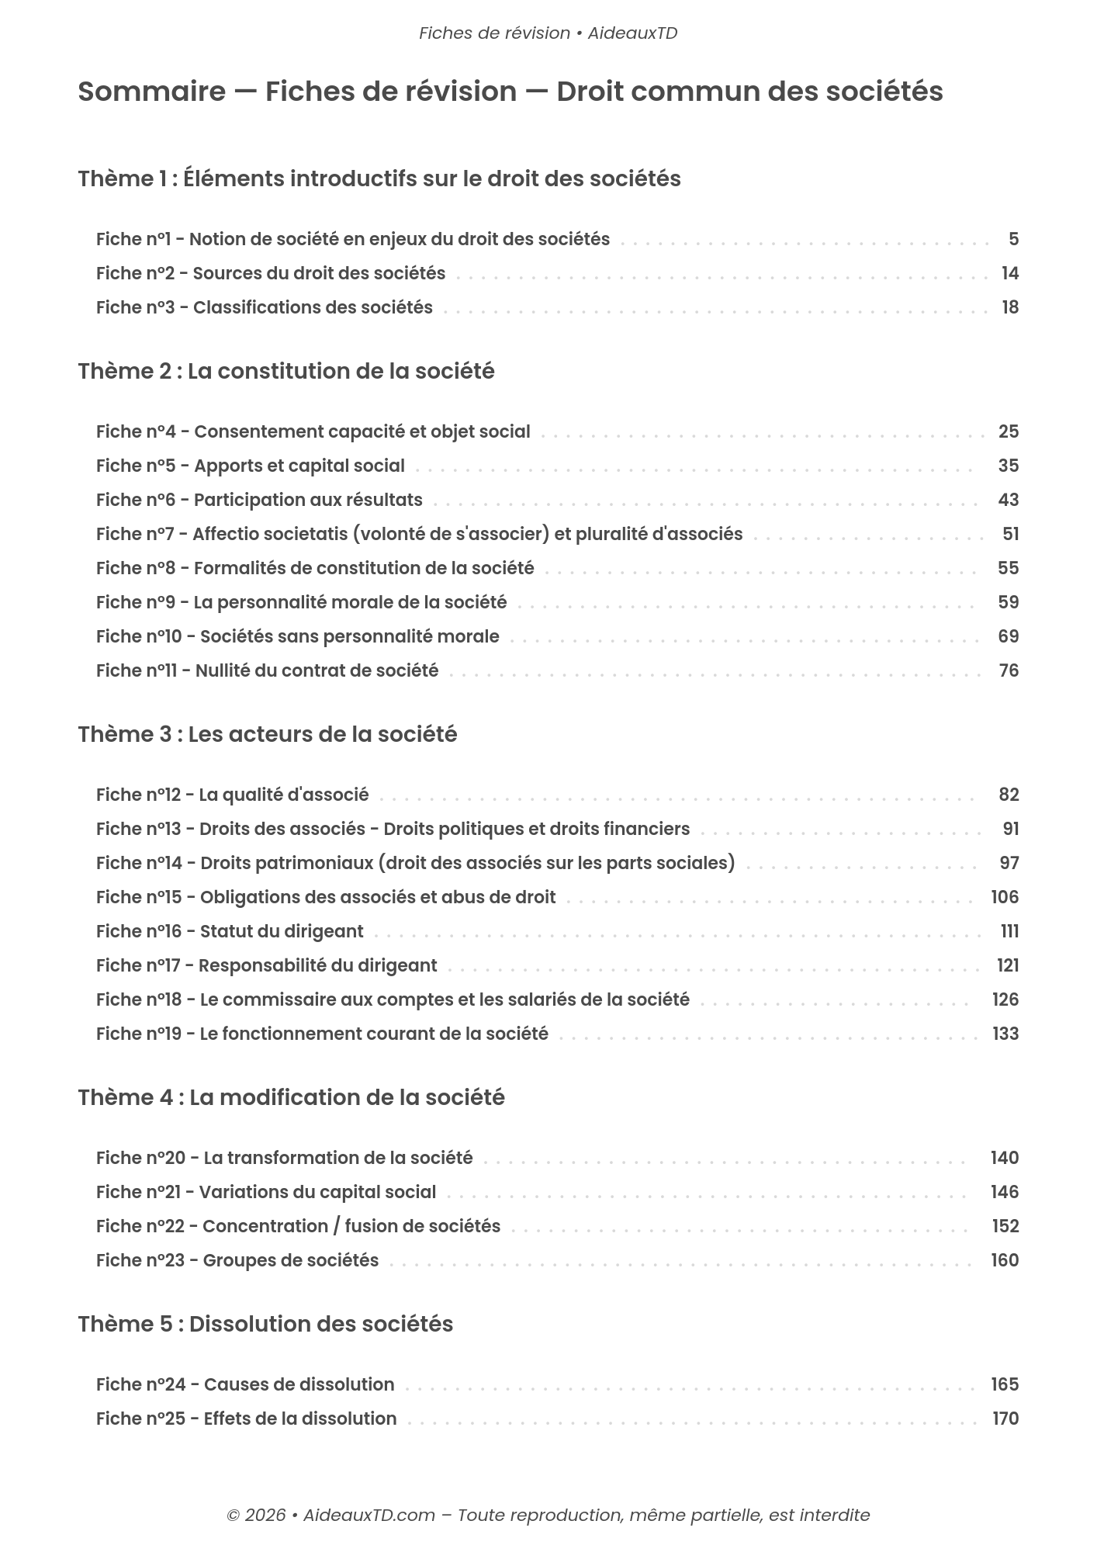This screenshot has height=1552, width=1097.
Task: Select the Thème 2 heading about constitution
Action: pyautogui.click(x=285, y=371)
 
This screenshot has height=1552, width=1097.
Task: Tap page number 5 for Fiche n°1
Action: pyautogui.click(x=1013, y=239)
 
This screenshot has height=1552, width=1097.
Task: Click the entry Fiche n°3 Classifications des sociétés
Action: pyautogui.click(x=264, y=307)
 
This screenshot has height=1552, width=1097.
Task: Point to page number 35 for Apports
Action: pyautogui.click(x=1008, y=466)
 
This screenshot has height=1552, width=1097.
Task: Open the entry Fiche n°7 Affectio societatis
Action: pyautogui.click(x=419, y=534)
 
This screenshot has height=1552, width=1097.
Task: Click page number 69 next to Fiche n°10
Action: pyautogui.click(x=1008, y=636)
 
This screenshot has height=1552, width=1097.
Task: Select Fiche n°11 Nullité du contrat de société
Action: pyautogui.click(x=267, y=670)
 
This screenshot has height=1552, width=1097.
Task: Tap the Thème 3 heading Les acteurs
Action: pyautogui.click(x=267, y=734)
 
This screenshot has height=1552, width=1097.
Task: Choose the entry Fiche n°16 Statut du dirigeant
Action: pyautogui.click(x=230, y=931)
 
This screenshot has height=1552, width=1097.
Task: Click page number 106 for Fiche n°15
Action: pyautogui.click(x=1005, y=897)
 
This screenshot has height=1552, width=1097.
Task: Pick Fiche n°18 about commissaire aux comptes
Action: pyautogui.click(x=393, y=999)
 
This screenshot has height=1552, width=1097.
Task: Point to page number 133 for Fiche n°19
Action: pyautogui.click(x=1005, y=1034)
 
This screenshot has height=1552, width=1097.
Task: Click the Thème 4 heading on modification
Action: pyautogui.click(x=291, y=1097)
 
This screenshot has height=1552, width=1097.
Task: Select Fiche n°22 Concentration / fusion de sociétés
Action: pyautogui.click(x=298, y=1226)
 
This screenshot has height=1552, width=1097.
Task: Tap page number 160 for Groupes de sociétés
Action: pyautogui.click(x=1005, y=1260)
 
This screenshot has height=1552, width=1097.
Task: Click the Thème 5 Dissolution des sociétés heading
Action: pyautogui.click(x=265, y=1324)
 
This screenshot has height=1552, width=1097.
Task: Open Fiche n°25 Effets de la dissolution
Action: pyautogui.click(x=246, y=1419)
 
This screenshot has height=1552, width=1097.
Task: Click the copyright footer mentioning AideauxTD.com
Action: pyautogui.click(x=548, y=1515)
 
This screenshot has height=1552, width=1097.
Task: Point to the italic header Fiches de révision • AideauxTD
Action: pyautogui.click(x=548, y=33)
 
